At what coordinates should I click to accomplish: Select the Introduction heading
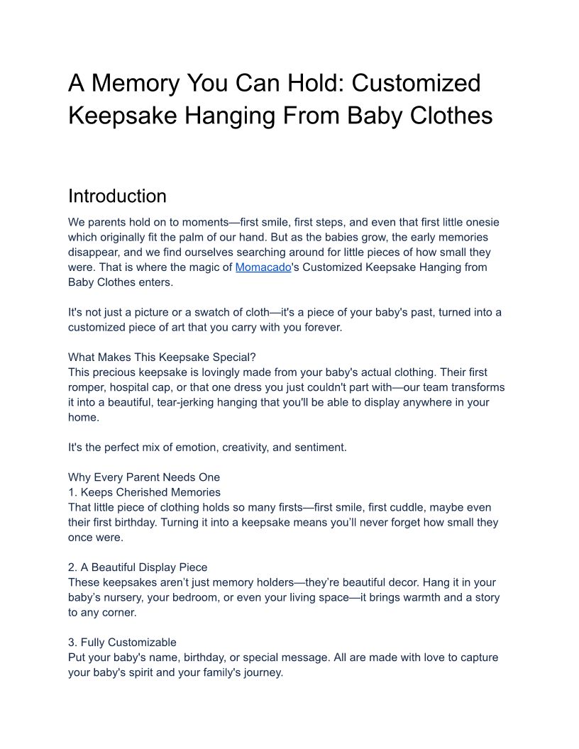[117, 196]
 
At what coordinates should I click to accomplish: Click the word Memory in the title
[135, 84]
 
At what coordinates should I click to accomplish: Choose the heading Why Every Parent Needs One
[144, 477]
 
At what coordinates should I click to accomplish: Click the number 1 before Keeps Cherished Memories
[71, 492]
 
